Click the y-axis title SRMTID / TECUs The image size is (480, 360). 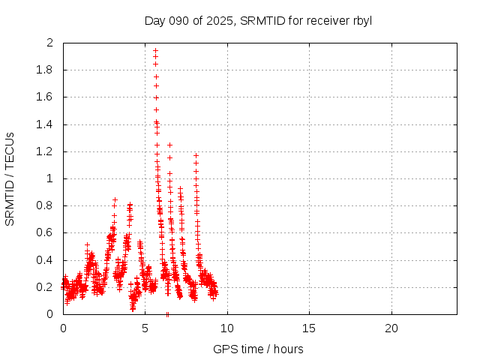click(x=10, y=178)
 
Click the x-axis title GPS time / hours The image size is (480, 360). click(x=259, y=349)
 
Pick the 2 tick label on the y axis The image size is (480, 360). click(x=50, y=43)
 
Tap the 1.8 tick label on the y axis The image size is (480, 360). click(x=46, y=70)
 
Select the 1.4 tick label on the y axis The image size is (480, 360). click(x=46, y=124)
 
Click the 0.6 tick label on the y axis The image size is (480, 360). click(x=46, y=232)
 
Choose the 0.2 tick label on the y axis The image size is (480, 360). click(x=46, y=287)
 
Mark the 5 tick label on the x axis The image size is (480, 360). click(x=145, y=328)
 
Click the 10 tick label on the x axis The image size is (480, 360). click(x=227, y=328)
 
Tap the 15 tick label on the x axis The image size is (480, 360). click(x=309, y=328)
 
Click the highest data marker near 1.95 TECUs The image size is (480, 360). click(x=155, y=50)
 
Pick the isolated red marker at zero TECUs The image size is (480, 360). click(x=167, y=314)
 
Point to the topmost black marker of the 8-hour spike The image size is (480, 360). click(x=196, y=155)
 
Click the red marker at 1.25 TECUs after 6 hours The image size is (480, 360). click(x=169, y=145)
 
